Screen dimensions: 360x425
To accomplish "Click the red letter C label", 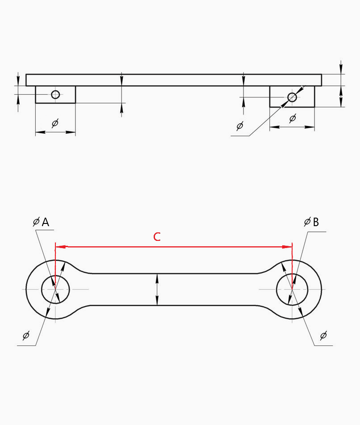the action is pos(157,236).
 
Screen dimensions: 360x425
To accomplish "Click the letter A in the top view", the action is pos(46,222).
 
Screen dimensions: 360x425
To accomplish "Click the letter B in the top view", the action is pos(316,222).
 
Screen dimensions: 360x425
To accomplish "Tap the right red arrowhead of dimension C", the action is pos(287,247).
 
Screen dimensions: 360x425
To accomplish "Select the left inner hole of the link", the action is pos(42,290).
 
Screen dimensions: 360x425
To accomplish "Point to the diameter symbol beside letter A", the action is pos(36,222).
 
